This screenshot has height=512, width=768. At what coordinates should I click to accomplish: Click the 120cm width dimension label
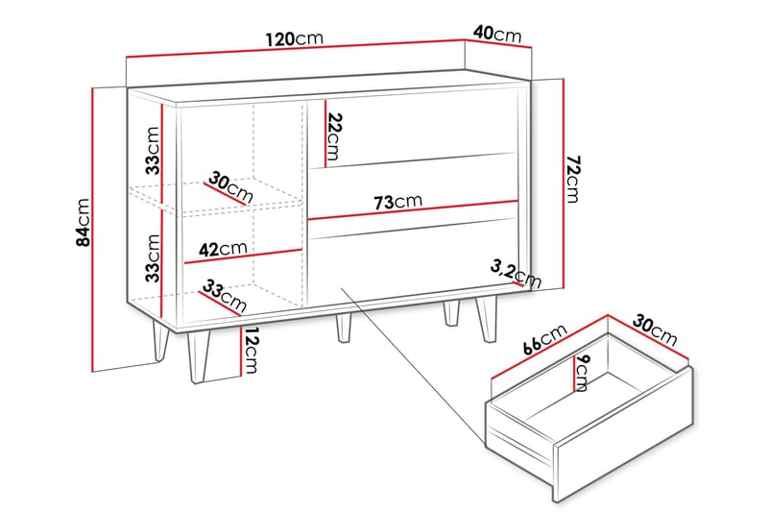[294, 39]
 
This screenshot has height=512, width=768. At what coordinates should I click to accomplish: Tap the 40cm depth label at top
[498, 34]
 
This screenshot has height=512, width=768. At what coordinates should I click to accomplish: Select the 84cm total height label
[84, 223]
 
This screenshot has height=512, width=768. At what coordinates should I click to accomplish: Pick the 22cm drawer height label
[332, 136]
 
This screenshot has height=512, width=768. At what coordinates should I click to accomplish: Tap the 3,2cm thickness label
[516, 273]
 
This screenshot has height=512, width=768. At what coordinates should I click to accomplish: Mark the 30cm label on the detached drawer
[656, 330]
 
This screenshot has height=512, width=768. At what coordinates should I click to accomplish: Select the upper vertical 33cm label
[152, 151]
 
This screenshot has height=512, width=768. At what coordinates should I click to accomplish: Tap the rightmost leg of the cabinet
[484, 319]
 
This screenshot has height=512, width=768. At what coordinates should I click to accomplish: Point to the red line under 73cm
[413, 211]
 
